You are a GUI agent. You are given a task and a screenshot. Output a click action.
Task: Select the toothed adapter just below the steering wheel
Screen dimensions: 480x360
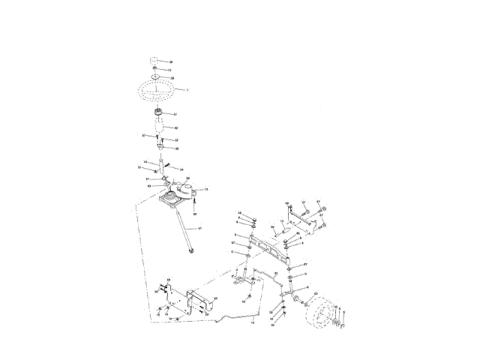point(160,114)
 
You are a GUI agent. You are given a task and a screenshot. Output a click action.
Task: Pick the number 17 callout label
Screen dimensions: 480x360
point(200,228)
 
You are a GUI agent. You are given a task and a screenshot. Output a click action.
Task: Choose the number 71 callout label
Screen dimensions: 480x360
point(205,190)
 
